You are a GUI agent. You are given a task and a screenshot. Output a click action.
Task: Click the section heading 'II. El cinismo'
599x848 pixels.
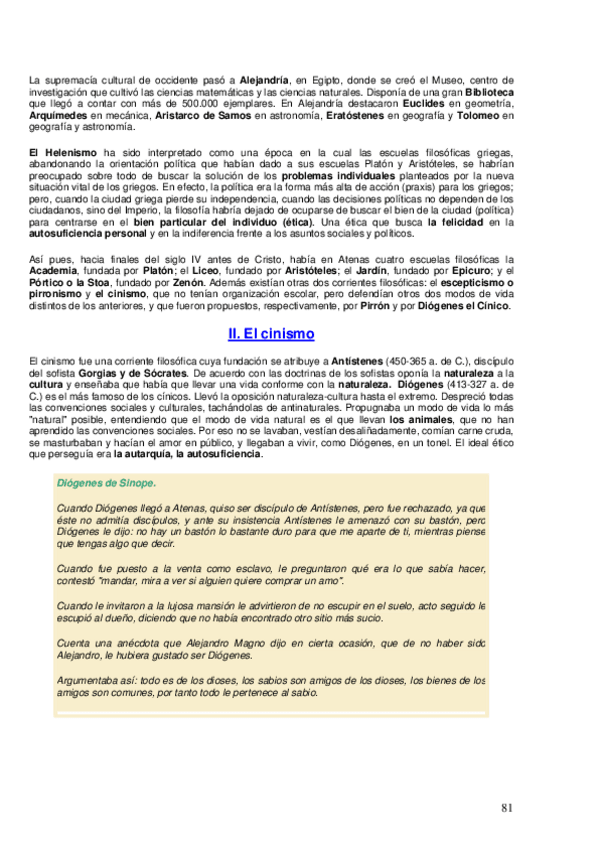pos(271,333)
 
